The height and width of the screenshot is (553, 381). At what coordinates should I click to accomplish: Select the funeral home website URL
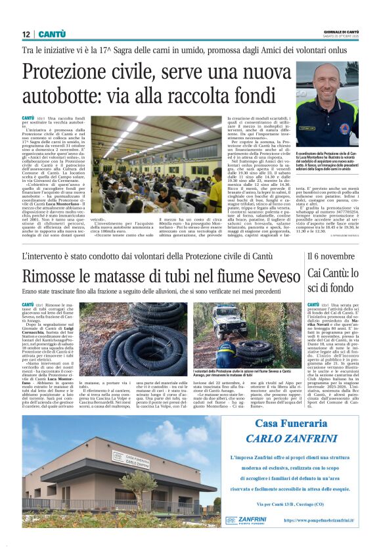(319, 520)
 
